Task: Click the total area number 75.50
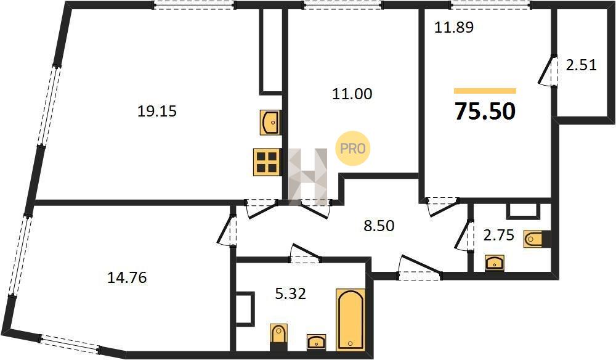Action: click(485, 111)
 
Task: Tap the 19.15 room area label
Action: click(156, 112)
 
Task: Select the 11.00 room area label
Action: click(352, 94)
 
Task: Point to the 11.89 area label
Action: click(454, 28)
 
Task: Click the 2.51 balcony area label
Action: click(581, 65)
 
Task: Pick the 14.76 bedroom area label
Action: click(127, 278)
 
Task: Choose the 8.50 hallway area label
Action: click(379, 226)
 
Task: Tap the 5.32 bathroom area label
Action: click(290, 293)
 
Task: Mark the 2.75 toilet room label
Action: click(498, 235)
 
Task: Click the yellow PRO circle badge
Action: click(352, 148)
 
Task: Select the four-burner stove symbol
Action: click(267, 161)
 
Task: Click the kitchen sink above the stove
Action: click(270, 123)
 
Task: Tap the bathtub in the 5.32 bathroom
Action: click(351, 319)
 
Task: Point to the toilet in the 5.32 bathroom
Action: click(279, 337)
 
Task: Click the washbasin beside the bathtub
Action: click(317, 342)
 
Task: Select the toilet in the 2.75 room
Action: click(537, 239)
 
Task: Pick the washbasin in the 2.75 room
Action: click(495, 263)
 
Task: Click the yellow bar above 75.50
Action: click(485, 91)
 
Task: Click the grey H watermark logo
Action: click(308, 177)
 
